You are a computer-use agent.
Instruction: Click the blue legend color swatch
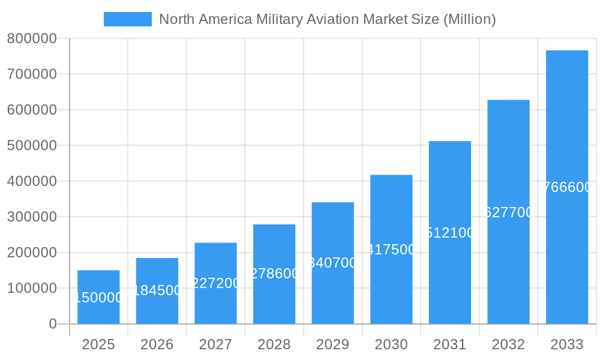pos(127,19)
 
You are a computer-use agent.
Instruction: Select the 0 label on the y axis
pos(53,324)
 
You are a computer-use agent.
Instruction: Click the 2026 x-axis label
pos(157,344)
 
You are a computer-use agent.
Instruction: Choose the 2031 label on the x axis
pos(449,344)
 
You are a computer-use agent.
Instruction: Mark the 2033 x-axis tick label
pos(566,344)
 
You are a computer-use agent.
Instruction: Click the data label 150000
pos(98,298)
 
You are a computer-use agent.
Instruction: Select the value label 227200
pos(215,283)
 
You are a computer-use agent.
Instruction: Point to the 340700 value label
pos(332,263)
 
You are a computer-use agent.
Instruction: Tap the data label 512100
pos(449,233)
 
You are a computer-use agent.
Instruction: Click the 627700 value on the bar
pos(508,212)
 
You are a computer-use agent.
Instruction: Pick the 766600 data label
pos(566,187)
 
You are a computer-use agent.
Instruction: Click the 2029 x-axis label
pos(332,344)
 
